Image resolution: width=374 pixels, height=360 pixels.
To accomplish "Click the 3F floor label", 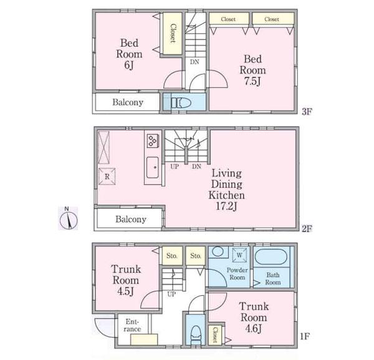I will coord(306,112).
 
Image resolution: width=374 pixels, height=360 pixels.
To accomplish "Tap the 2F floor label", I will coord(306,228).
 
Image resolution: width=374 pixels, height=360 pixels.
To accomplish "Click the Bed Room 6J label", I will coord(128,54).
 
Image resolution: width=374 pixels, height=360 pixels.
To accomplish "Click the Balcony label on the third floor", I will coord(128,102).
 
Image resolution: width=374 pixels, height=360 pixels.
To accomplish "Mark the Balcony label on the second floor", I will coord(130,220).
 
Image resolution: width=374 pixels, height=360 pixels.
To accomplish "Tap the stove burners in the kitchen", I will coord(153,140).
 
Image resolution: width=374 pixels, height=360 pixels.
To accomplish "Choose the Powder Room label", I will coord(237,274).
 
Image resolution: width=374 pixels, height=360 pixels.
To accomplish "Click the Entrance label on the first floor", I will coord(132,325).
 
